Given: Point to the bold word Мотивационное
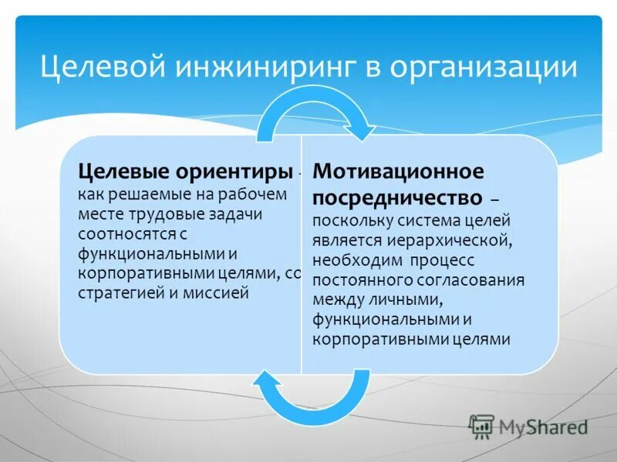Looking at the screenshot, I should point(398,170).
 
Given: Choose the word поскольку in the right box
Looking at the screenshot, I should point(349,221).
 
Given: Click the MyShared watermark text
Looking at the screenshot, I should point(542,427).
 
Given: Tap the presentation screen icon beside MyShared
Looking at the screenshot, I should point(481,426).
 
